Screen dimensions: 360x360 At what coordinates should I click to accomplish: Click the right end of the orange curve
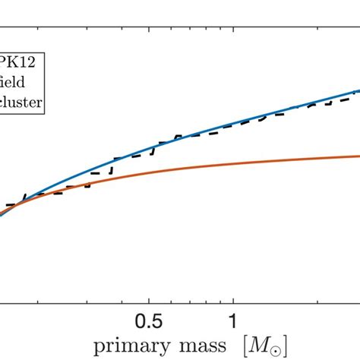[358, 156]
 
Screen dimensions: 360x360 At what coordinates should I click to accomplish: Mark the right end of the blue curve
[358, 89]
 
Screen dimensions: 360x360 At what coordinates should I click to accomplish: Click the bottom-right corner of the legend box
[44, 115]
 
